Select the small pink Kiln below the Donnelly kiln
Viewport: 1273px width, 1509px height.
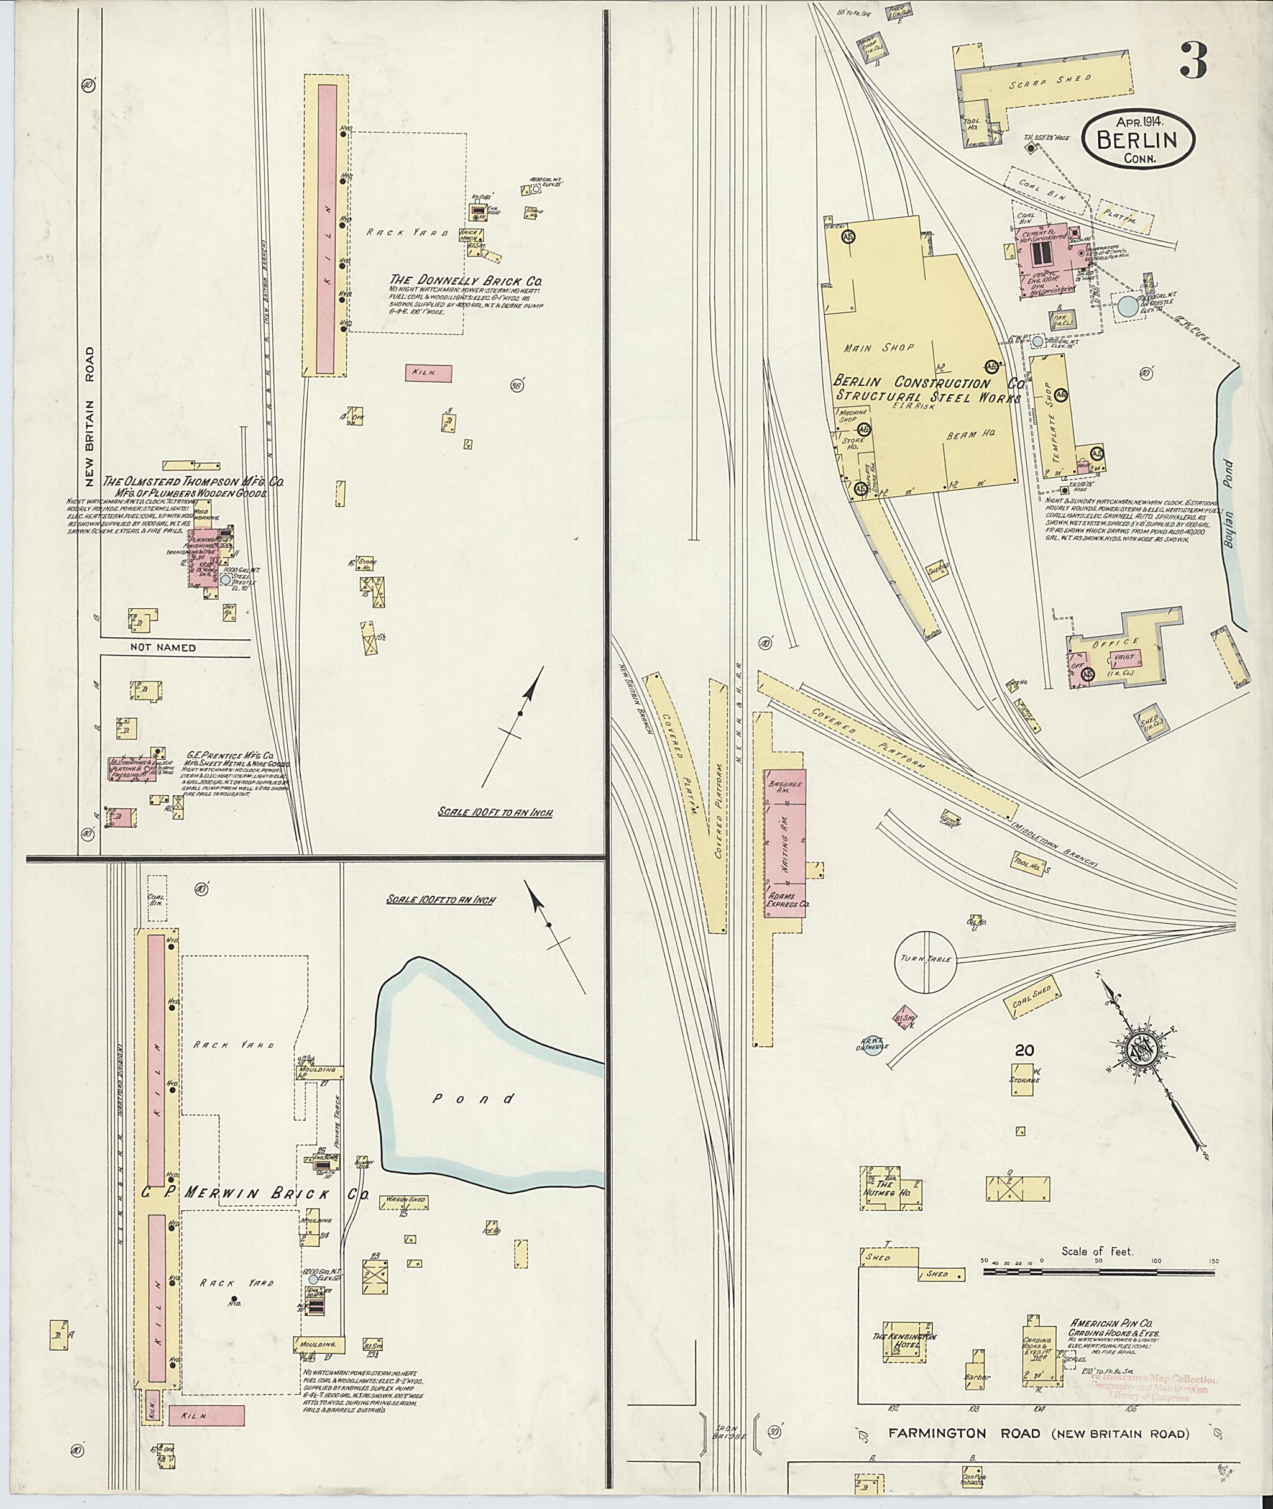tap(428, 372)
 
